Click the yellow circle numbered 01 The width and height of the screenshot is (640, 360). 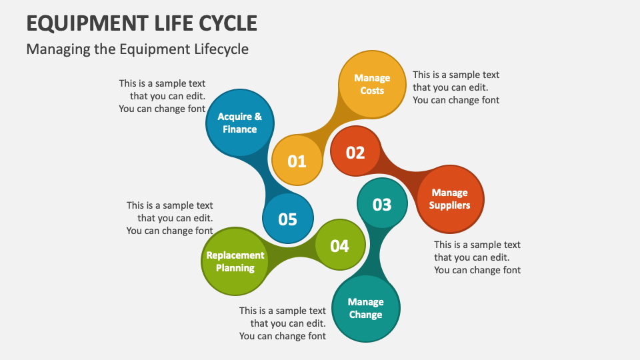click(297, 161)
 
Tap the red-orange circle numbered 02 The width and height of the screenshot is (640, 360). click(355, 153)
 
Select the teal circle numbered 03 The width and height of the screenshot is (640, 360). click(382, 204)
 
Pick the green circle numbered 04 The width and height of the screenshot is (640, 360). click(340, 246)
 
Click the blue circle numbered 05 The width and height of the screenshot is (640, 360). click(288, 219)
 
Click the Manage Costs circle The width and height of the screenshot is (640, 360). click(372, 84)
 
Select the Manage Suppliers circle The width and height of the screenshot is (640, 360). click(449, 199)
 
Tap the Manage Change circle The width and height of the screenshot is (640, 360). click(365, 308)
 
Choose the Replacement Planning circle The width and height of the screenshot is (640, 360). click(235, 261)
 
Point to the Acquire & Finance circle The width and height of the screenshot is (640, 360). click(240, 123)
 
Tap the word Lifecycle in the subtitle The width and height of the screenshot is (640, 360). click(217, 49)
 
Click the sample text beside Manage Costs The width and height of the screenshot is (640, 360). click(456, 87)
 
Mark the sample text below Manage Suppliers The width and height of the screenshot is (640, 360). click(477, 257)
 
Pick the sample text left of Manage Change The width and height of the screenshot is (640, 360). click(283, 323)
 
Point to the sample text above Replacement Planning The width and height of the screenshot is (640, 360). click(170, 218)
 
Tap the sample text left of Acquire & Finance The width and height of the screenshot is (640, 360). click(162, 96)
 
